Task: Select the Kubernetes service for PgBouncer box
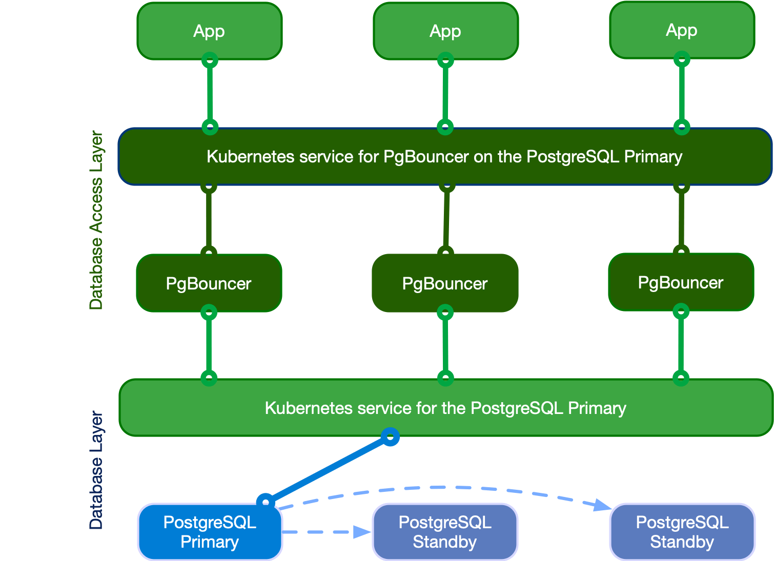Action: [444, 156]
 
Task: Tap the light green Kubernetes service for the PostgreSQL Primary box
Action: [445, 408]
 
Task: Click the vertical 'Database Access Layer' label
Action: [96, 220]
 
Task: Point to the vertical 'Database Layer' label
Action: [96, 470]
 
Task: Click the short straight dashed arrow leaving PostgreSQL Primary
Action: [326, 532]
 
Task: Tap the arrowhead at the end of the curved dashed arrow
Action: [603, 506]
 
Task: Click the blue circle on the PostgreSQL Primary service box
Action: [391, 437]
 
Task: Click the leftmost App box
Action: [209, 31]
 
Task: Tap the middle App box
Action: [445, 31]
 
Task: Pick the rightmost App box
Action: [682, 30]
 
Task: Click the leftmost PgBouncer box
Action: [209, 283]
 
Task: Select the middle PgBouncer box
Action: [445, 283]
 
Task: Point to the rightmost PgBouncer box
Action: [681, 282]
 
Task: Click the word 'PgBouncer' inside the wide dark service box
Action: [426, 156]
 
